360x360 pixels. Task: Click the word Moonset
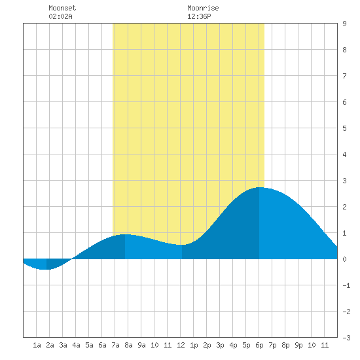point(62,8)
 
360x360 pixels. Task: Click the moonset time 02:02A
point(60,16)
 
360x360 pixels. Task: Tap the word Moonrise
point(203,8)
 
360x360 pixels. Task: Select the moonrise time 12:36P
point(199,16)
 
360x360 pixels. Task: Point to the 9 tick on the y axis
point(344,24)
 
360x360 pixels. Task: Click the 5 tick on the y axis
point(344,128)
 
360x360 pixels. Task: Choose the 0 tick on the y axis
point(344,259)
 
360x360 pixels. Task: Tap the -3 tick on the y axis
point(346,338)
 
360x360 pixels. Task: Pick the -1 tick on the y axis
point(346,285)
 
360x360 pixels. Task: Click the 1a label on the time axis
point(37,345)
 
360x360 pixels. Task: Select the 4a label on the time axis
point(76,345)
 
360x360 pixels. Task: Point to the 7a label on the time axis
point(115,345)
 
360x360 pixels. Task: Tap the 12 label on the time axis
point(181,345)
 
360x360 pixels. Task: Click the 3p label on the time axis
point(220,345)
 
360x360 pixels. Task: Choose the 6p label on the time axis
point(259,345)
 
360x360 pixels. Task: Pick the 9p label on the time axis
point(298,345)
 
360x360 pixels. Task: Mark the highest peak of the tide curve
point(259,188)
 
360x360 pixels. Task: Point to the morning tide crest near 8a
point(125,234)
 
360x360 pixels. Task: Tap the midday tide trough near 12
point(182,245)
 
